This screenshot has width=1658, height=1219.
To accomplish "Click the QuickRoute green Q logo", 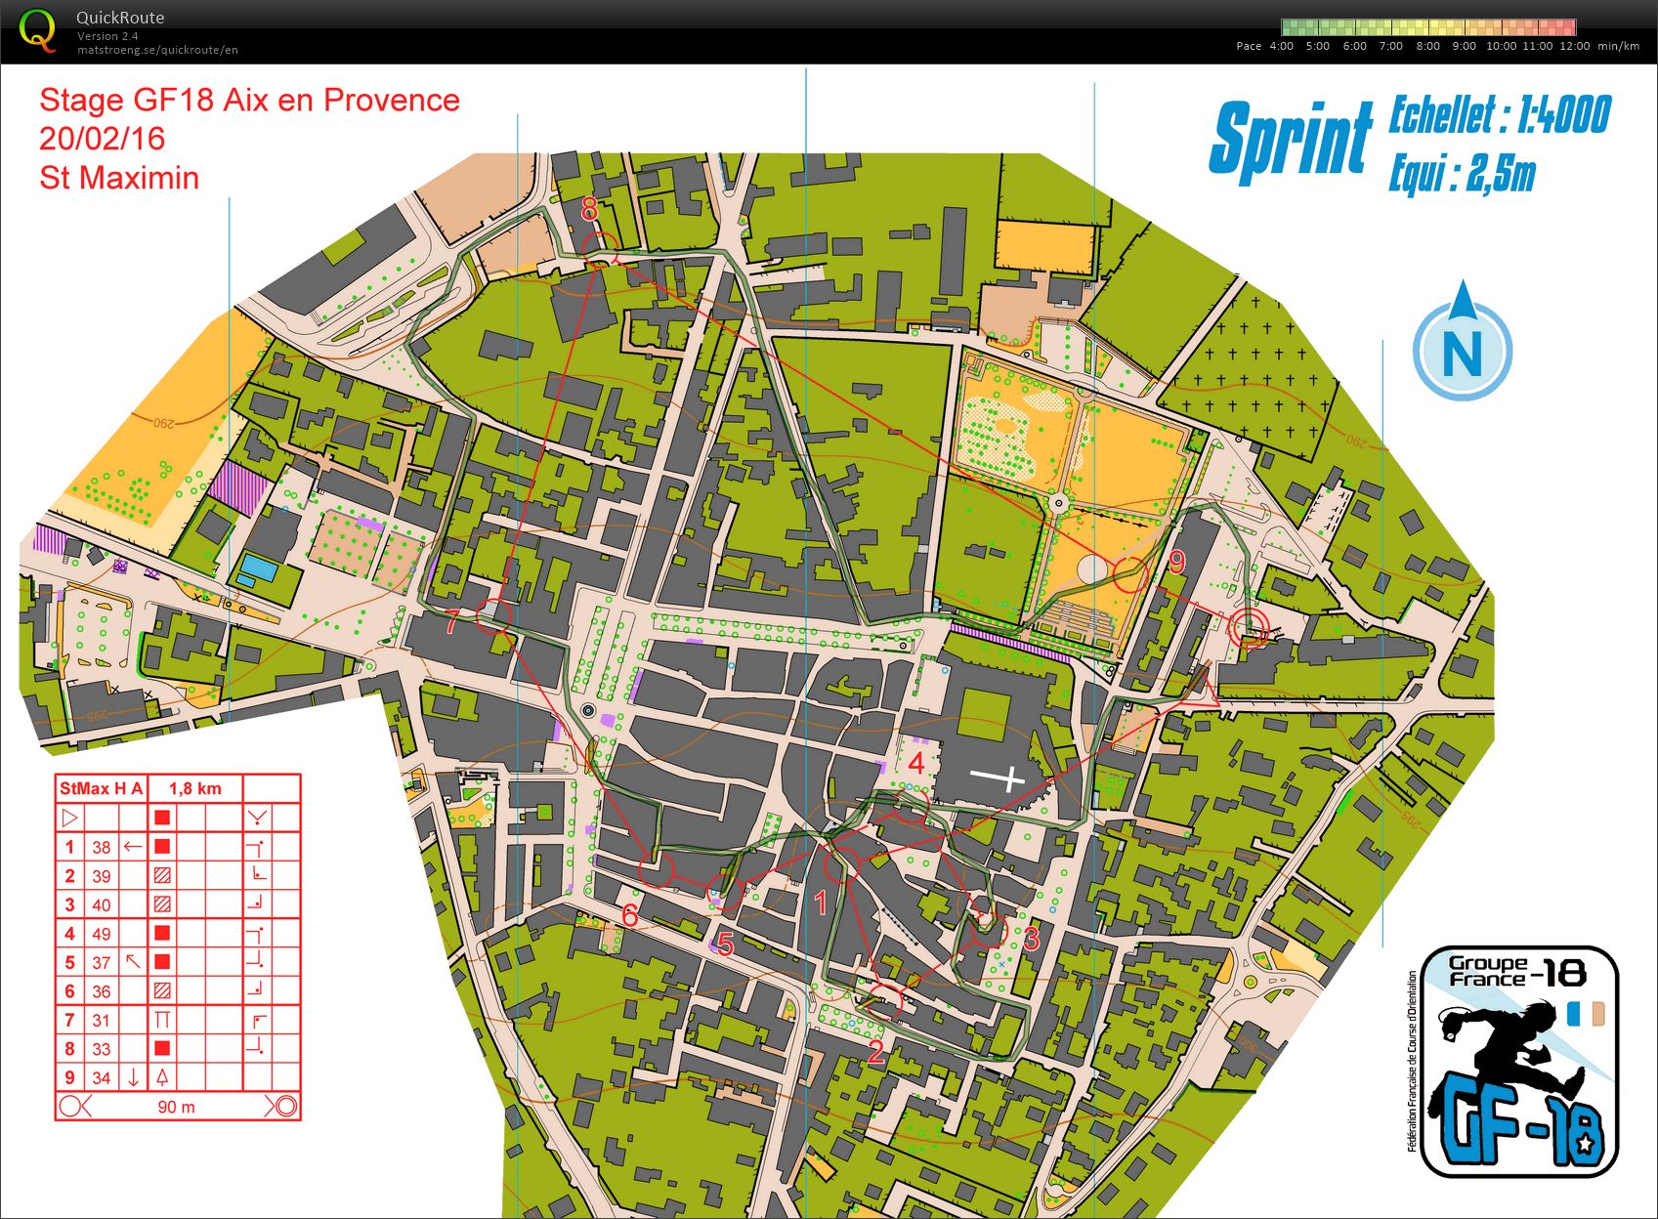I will point(37,29).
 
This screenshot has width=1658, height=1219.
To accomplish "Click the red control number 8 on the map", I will point(589,208).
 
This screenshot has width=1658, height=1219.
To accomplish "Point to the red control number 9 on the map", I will point(1176,562).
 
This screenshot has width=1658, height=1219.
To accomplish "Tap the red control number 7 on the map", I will point(451,622).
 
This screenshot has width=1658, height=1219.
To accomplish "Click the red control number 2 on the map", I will point(875,1051).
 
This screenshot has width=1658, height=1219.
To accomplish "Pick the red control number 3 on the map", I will point(1031,938).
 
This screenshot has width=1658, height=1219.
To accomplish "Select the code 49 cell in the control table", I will point(102,934).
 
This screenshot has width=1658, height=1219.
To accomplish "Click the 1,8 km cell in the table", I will point(194,788).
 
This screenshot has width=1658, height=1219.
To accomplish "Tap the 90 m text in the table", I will point(176,1107).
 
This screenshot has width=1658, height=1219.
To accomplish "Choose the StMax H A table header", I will point(101,788).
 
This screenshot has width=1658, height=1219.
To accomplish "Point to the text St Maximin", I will point(119,178).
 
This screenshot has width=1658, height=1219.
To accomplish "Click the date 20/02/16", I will point(102,139).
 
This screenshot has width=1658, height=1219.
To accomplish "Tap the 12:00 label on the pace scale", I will point(1574,46).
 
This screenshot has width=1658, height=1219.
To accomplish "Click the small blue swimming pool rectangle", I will point(257,567).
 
